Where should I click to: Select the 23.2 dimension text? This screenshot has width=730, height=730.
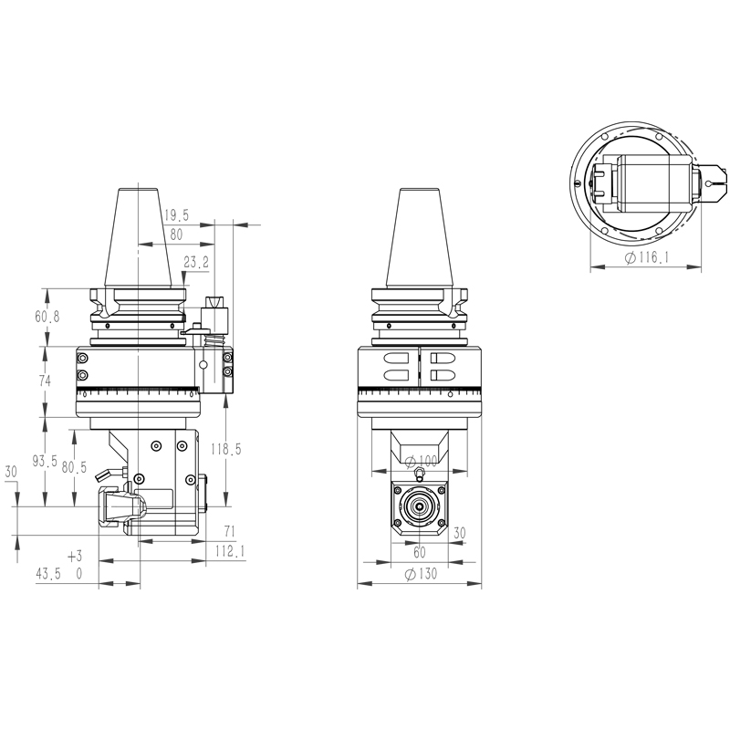click(x=196, y=263)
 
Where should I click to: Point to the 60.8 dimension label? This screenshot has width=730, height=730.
click(x=47, y=317)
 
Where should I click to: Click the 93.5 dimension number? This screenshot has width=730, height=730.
click(x=46, y=463)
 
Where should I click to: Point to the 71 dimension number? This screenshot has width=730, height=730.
click(x=229, y=531)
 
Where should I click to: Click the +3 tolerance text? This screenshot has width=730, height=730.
click(x=75, y=556)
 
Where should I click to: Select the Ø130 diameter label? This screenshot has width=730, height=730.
click(x=421, y=574)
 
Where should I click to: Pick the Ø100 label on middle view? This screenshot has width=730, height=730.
click(x=421, y=459)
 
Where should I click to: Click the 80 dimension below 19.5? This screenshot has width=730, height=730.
click(x=175, y=235)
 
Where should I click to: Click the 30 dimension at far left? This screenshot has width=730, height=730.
click(x=12, y=473)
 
